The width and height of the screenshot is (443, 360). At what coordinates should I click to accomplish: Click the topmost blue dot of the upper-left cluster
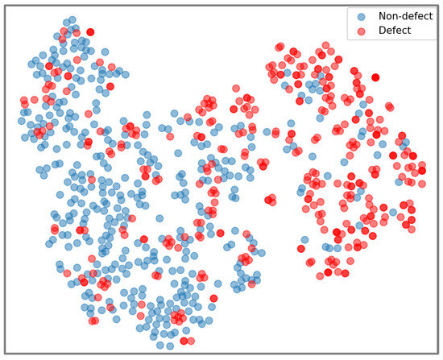tap(72, 19)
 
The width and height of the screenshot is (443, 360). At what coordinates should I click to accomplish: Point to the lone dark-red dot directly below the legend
tap(375, 77)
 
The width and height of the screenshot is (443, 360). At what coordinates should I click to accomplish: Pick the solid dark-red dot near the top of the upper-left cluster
tap(89, 31)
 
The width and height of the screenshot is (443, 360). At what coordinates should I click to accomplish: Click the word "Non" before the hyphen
tap(383, 15)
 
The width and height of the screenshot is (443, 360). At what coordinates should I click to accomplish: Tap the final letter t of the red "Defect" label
tap(408, 31)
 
